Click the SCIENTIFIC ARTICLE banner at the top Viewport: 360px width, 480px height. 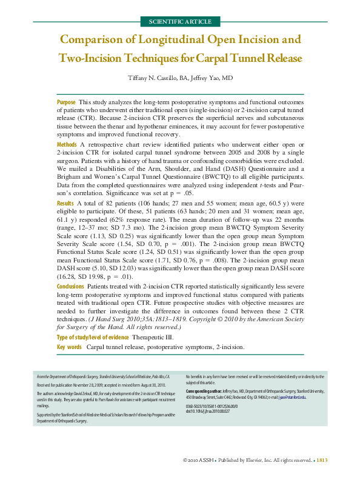pyautogui.click(x=179, y=22)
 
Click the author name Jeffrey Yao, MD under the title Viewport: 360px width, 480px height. pyautogui.click(x=210, y=78)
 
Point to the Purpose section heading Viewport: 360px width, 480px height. pyautogui.click(x=66, y=103)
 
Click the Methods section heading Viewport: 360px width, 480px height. pyautogui.click(x=67, y=145)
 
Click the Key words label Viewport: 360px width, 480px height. pyautogui.click(x=69, y=347)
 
